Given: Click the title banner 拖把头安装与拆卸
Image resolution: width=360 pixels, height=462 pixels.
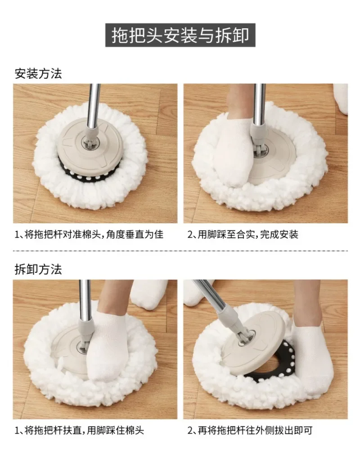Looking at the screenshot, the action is tap(180, 35).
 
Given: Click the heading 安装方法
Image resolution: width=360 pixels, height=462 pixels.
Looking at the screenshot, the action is tap(38, 74).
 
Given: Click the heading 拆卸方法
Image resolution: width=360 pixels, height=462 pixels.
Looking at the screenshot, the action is tap(38, 269).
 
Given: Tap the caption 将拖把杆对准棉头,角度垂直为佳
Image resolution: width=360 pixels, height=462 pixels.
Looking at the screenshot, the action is tap(94, 235).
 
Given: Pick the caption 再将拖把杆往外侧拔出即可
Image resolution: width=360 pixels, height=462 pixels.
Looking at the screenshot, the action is tap(255, 430).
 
